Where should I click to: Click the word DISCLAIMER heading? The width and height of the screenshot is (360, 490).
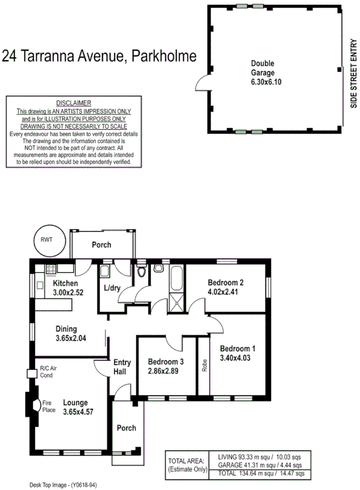pos(74,103)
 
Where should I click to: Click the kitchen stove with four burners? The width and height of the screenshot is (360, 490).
pos(50,269)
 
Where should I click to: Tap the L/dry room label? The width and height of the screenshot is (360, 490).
pos(114,289)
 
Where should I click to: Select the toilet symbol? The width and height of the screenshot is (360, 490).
pos(142,273)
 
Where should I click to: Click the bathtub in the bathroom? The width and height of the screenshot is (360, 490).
pos(176,278)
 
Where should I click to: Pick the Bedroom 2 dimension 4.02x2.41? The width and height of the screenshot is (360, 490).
pos(225,290)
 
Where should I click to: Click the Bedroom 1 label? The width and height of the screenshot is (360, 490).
pos(238,349)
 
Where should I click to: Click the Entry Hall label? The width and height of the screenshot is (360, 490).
pos(122,367)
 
